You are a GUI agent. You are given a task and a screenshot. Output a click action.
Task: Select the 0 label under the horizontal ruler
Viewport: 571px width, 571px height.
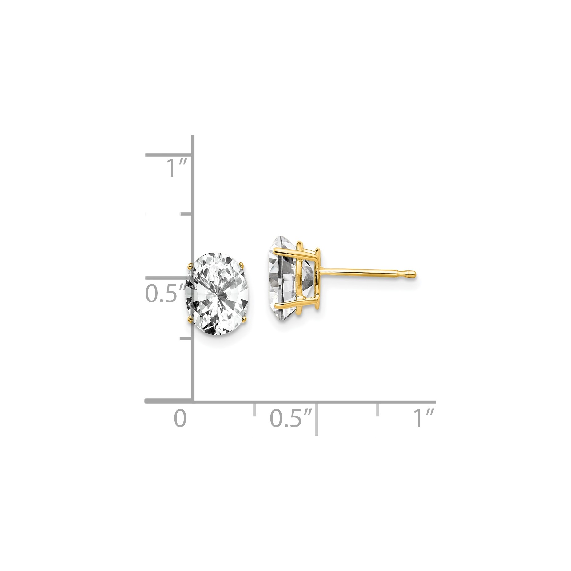pos(180,419)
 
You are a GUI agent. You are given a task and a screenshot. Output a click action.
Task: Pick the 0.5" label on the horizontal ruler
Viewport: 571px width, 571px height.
pos(291,419)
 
